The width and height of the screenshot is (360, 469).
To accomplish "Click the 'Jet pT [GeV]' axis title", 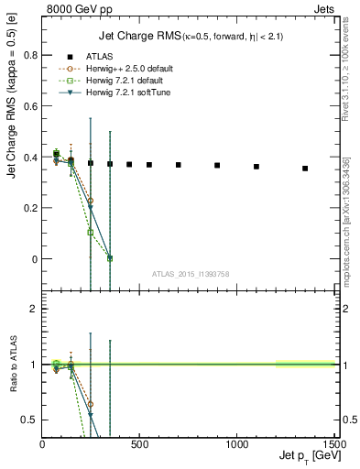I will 302,457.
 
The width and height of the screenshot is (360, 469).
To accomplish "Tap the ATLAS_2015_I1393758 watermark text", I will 190,273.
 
